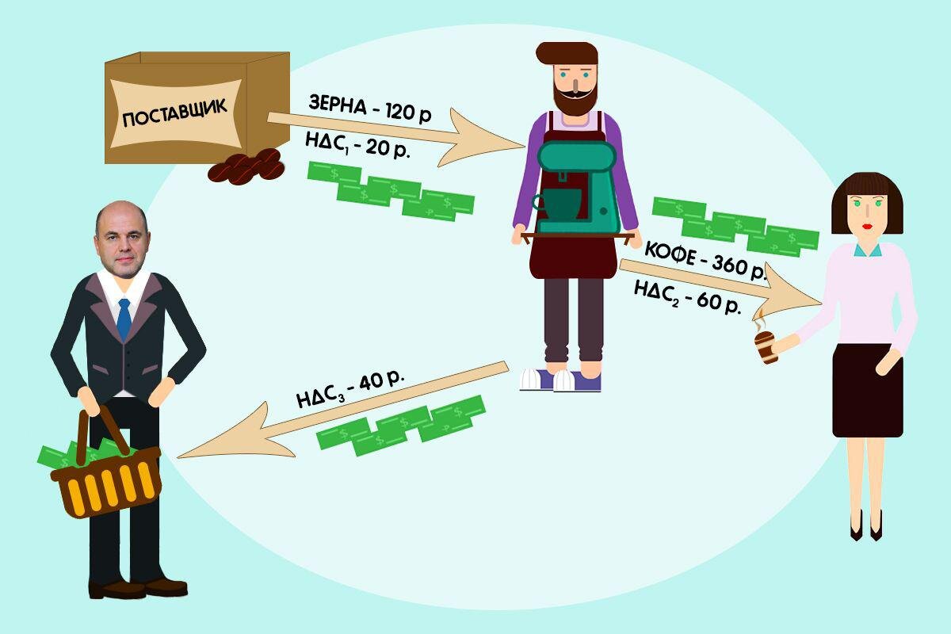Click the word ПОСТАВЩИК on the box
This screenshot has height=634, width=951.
(174, 113)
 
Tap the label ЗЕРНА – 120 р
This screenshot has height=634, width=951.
(370, 109)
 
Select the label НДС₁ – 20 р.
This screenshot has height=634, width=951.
(358, 145)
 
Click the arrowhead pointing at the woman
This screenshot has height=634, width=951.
(785, 293)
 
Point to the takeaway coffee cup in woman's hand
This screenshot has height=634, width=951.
(766, 347)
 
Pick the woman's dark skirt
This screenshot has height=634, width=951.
(867, 391)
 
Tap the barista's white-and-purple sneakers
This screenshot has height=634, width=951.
(560, 380)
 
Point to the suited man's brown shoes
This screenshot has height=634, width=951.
(138, 588)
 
